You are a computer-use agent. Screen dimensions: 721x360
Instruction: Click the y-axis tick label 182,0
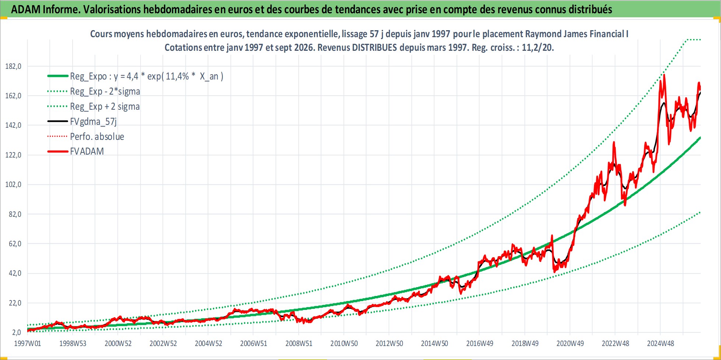coord(13,66)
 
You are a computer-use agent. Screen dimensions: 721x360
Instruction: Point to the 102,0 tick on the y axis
coord(13,184)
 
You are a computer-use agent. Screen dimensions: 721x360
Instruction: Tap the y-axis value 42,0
coord(15,273)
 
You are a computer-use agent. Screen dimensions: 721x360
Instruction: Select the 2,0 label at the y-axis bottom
coord(17,332)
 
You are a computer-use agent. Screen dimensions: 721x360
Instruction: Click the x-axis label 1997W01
coord(28,343)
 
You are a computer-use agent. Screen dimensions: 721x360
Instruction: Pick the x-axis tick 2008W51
coord(299,343)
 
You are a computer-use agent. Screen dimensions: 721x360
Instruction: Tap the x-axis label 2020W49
coord(570,343)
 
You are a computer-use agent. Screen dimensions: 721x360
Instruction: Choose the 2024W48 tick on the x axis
coord(661,343)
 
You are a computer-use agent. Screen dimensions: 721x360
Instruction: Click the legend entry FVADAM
coord(87,151)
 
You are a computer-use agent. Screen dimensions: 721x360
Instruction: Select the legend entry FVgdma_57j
coord(93,121)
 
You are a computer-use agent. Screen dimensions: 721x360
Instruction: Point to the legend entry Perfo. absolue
coord(97,137)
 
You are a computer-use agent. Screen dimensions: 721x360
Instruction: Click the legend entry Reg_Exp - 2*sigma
coord(105,91)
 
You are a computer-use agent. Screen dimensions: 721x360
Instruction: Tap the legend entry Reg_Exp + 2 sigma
coord(105,106)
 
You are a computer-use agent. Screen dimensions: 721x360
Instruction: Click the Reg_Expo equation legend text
coord(147,76)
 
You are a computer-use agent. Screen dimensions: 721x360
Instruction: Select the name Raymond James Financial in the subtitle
coord(574,34)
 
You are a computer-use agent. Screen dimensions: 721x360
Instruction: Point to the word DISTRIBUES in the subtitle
coord(374,47)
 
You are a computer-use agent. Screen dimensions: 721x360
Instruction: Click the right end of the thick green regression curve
coord(700,138)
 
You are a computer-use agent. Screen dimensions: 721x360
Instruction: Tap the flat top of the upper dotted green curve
coord(693,39)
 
